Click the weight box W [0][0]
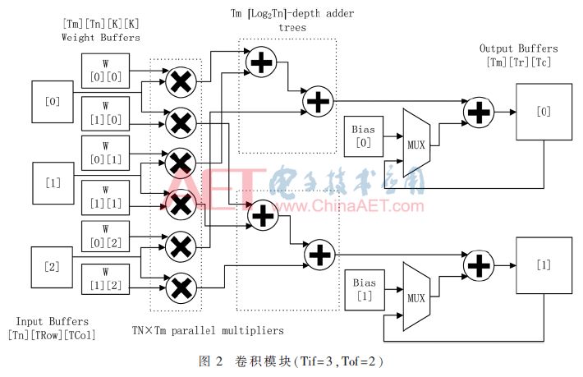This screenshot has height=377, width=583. [104, 71]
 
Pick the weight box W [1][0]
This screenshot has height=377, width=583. [104, 113]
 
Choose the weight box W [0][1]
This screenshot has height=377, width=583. [104, 154]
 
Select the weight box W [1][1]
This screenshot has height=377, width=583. [104, 196]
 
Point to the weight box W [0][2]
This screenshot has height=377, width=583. [104, 237]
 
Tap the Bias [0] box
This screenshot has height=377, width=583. [363, 136]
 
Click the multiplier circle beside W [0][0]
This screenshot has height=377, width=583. [179, 80]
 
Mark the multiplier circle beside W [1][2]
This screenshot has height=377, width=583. [179, 287]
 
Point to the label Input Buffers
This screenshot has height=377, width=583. [53, 322]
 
